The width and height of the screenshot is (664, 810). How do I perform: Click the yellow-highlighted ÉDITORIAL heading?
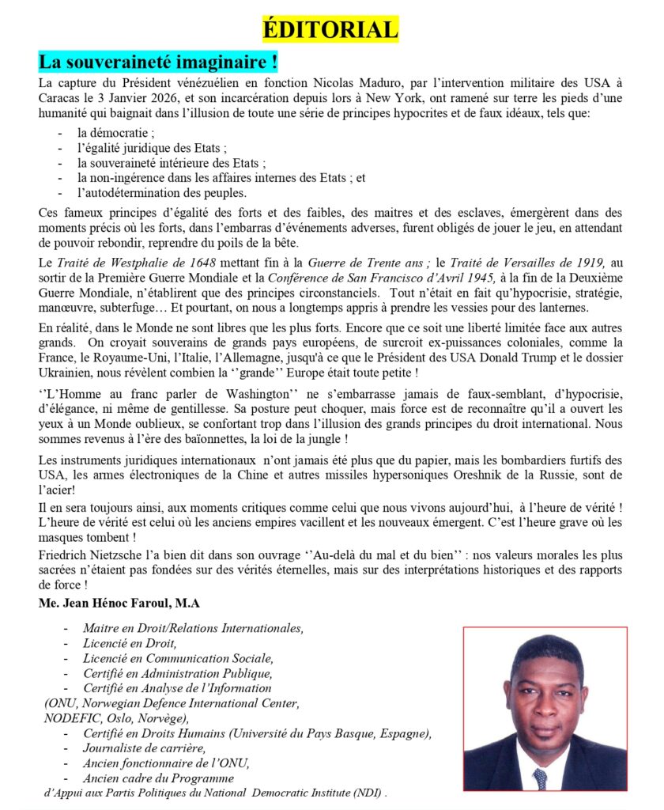coord(330,30)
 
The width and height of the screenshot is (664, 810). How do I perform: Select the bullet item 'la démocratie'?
coord(110,134)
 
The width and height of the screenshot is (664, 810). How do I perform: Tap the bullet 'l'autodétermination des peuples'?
coord(162,193)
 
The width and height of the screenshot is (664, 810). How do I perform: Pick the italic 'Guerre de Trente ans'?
coord(384,262)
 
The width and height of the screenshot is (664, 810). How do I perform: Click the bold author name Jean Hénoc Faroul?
coord(119,604)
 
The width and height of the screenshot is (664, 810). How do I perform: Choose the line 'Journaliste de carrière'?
coord(144,748)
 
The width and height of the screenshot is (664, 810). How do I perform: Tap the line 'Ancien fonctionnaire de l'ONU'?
coord(167,763)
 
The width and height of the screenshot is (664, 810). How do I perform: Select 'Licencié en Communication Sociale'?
coord(178,658)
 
